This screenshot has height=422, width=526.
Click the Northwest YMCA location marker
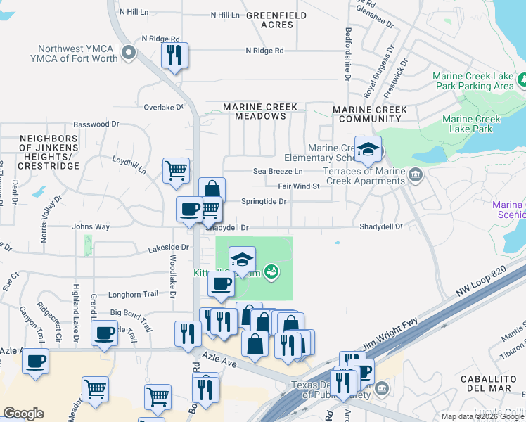tap(128, 53)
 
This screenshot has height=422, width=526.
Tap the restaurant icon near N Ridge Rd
tap(174, 55)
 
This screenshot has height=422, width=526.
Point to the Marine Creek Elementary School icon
tap(368, 149)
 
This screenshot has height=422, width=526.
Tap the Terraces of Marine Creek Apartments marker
tap(416, 174)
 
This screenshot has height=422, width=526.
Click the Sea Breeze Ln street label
tap(278, 172)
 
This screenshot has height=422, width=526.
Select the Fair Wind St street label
tap(298, 186)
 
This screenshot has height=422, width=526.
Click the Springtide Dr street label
tap(264, 201)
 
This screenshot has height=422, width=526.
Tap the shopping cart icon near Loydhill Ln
tap(176, 170)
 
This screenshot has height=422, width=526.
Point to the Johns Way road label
tap(91, 227)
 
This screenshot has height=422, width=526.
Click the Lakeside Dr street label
tap(169, 248)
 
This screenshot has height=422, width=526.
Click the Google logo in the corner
tap(23, 414)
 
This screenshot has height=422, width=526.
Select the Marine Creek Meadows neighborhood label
tap(260, 111)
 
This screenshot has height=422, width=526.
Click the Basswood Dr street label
tap(96, 124)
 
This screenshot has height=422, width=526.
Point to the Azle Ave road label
tap(219, 360)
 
